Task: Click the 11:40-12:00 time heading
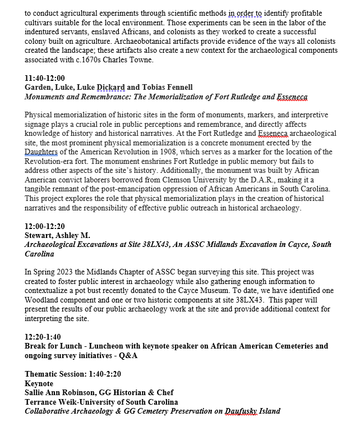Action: tap(45, 78)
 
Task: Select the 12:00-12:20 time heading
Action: tap(45, 226)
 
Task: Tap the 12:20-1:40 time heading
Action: tap(43, 337)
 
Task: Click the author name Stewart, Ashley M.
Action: tap(57, 235)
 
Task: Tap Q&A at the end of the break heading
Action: tap(126, 355)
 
